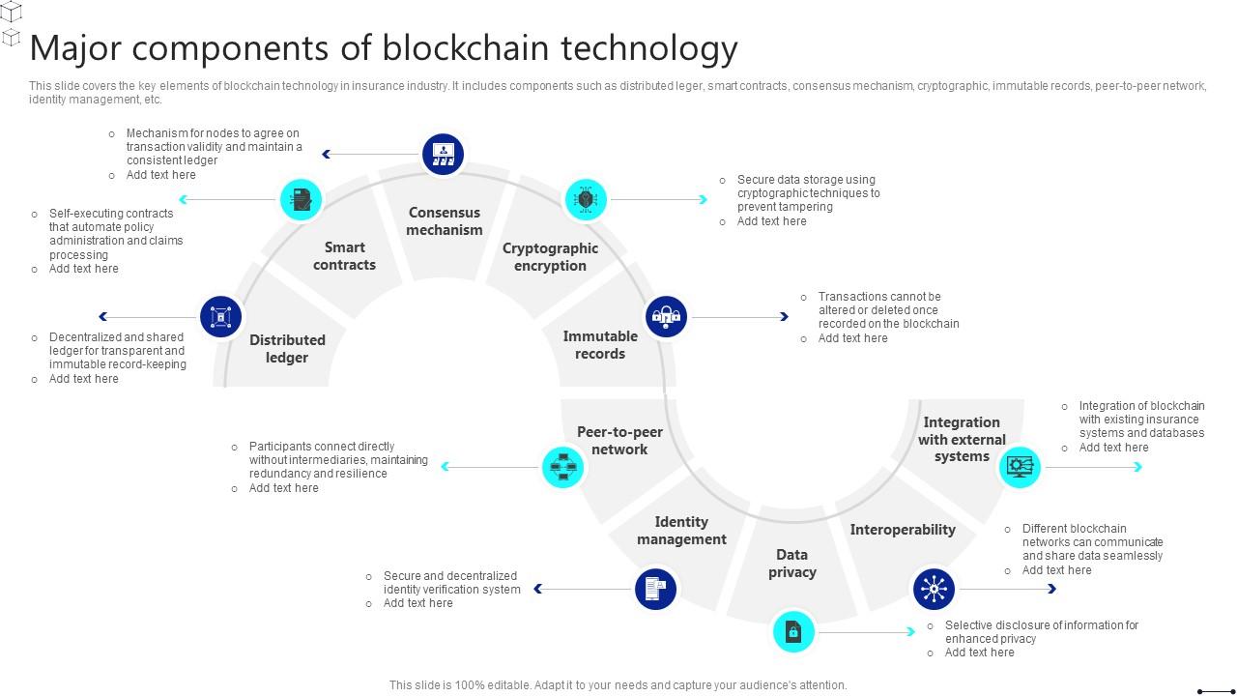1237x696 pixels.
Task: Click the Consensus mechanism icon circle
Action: pos(444,154)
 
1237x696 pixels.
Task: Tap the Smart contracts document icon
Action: pos(301,199)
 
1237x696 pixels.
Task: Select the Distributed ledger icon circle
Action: pos(220,316)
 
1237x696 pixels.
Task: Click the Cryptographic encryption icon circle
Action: pos(586,199)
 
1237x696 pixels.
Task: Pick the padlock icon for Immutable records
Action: pos(666,316)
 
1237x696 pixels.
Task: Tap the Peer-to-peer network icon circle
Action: pos(562,467)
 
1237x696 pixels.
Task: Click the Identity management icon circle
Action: pos(655,588)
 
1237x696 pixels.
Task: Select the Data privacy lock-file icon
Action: pos(793,632)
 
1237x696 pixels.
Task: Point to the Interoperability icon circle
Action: pos(934,588)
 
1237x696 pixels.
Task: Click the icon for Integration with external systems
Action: pos(1020,467)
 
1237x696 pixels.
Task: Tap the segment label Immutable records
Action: pos(600,345)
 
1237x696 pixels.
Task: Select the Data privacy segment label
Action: pos(792,564)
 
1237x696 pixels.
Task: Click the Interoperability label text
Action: pos(903,530)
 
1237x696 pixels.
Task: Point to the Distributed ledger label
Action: pos(287,349)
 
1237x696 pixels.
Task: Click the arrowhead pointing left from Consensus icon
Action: pos(327,154)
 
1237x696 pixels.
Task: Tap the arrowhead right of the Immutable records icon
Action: pos(785,316)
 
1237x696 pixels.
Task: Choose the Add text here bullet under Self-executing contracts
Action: pos(84,269)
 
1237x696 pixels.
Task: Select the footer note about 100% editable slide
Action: pos(618,685)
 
